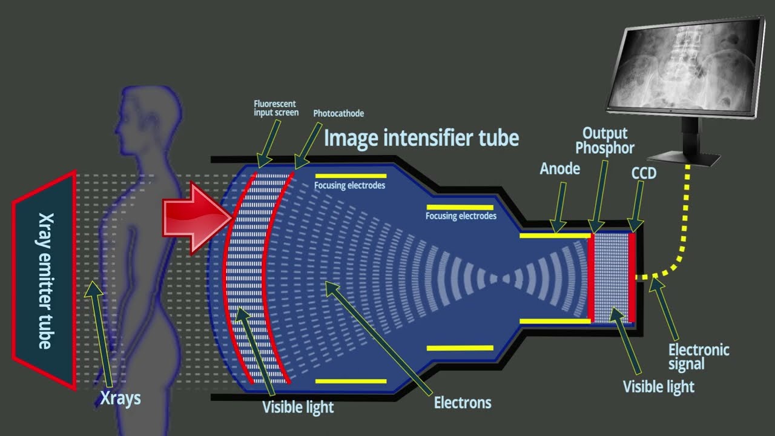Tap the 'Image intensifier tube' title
tap(421, 138)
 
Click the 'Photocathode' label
tap(338, 113)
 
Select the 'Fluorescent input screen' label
tap(276, 108)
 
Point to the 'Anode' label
tap(560, 169)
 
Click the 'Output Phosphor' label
tap(605, 140)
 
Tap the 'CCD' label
tap(644, 173)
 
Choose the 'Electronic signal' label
tap(699, 357)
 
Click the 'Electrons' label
tap(463, 403)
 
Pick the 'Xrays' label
tap(120, 398)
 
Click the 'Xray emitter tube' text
tap(45, 281)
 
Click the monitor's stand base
tap(684, 159)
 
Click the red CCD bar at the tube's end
tap(632, 277)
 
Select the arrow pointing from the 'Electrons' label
tap(378, 338)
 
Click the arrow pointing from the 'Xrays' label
tap(99, 334)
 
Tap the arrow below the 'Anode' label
tap(559, 208)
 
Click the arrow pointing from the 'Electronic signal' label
tap(664, 309)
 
